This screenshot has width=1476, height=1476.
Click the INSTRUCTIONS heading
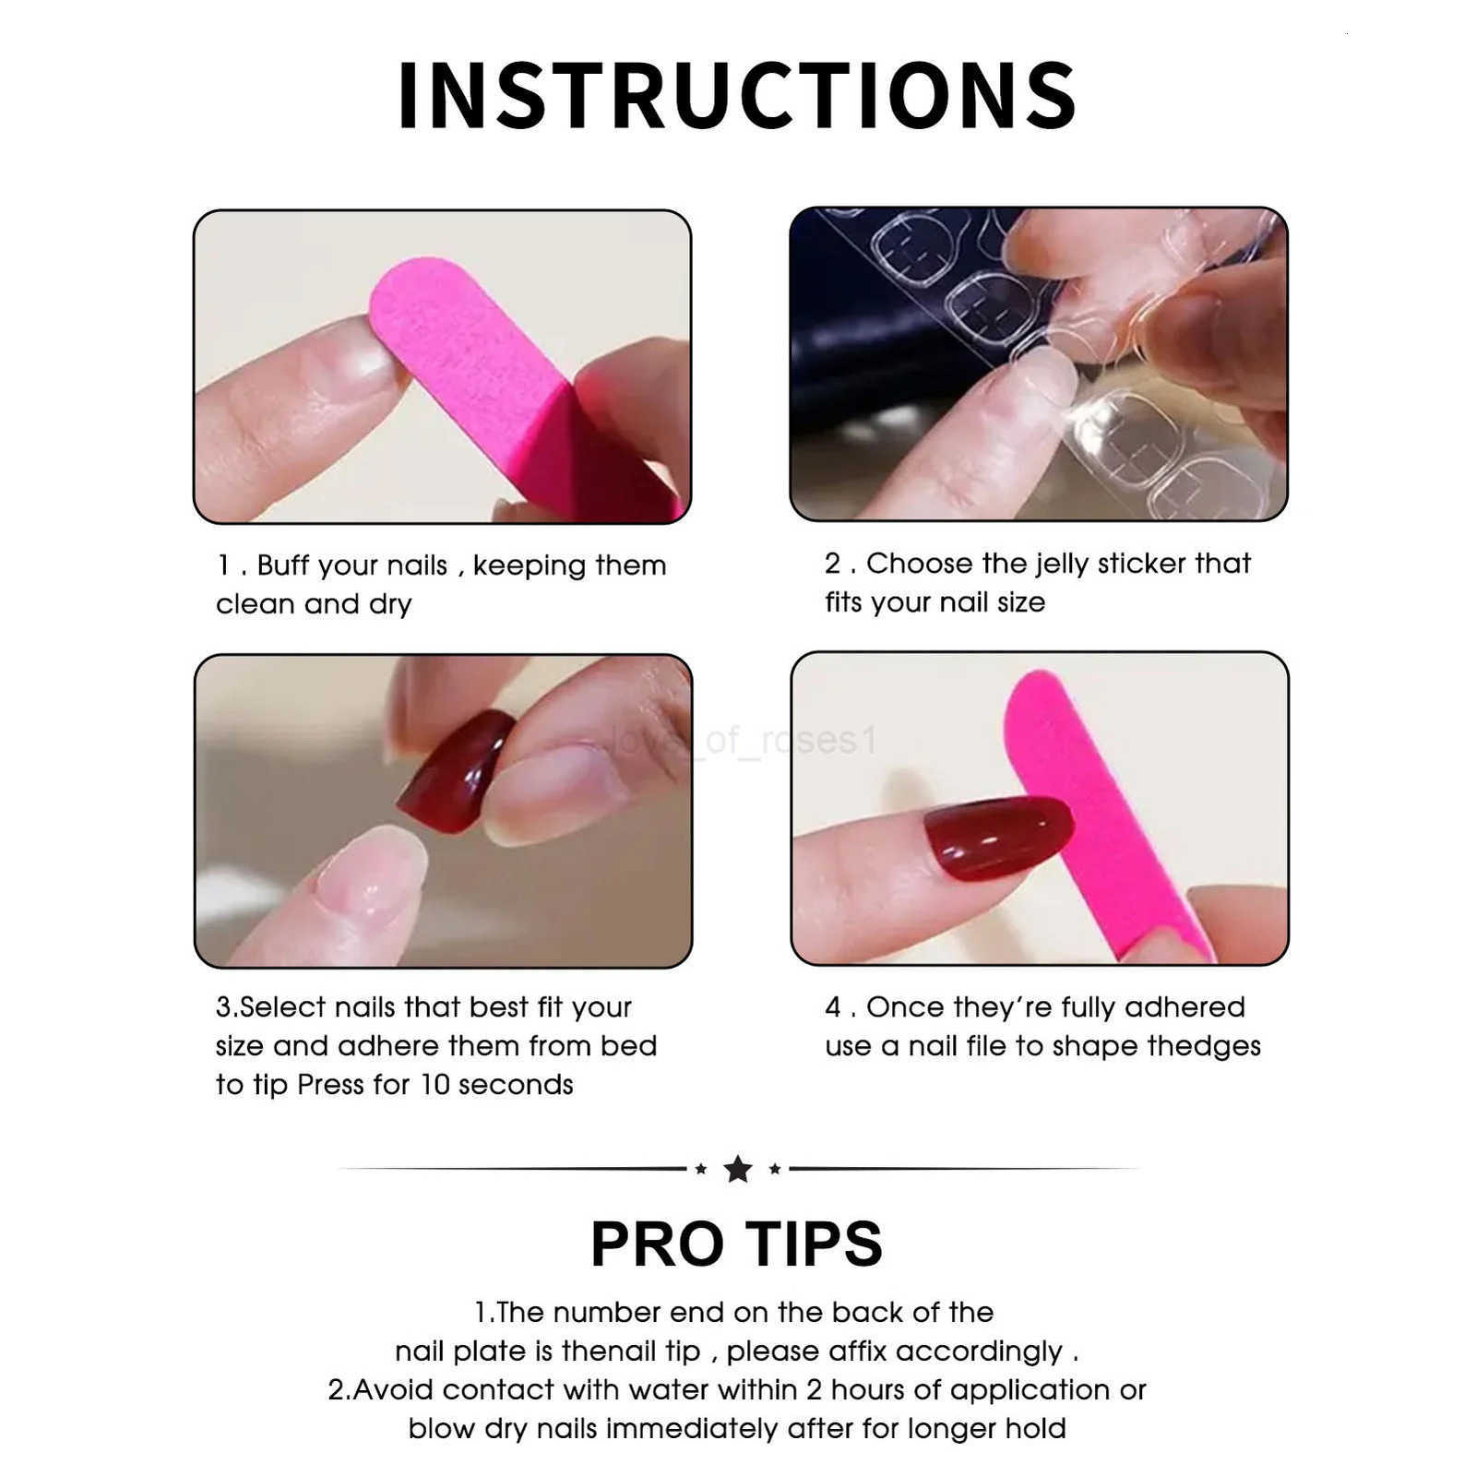pos(737,96)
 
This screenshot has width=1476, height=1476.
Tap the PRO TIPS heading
pos(736,1244)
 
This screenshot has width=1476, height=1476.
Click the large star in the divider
pos(738,1169)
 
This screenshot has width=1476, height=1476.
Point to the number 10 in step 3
pos(434,1085)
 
